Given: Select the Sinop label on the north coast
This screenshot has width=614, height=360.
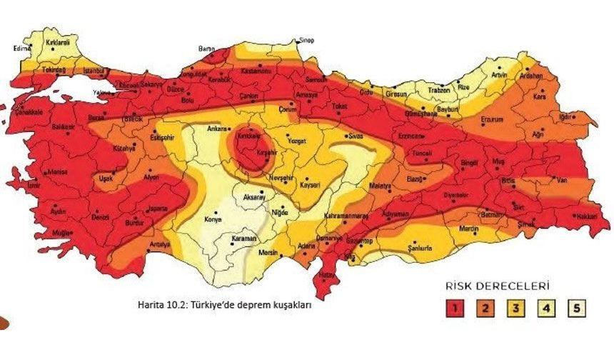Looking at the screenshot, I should click(x=306, y=40).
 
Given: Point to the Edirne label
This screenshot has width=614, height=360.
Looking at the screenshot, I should click(x=22, y=49).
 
